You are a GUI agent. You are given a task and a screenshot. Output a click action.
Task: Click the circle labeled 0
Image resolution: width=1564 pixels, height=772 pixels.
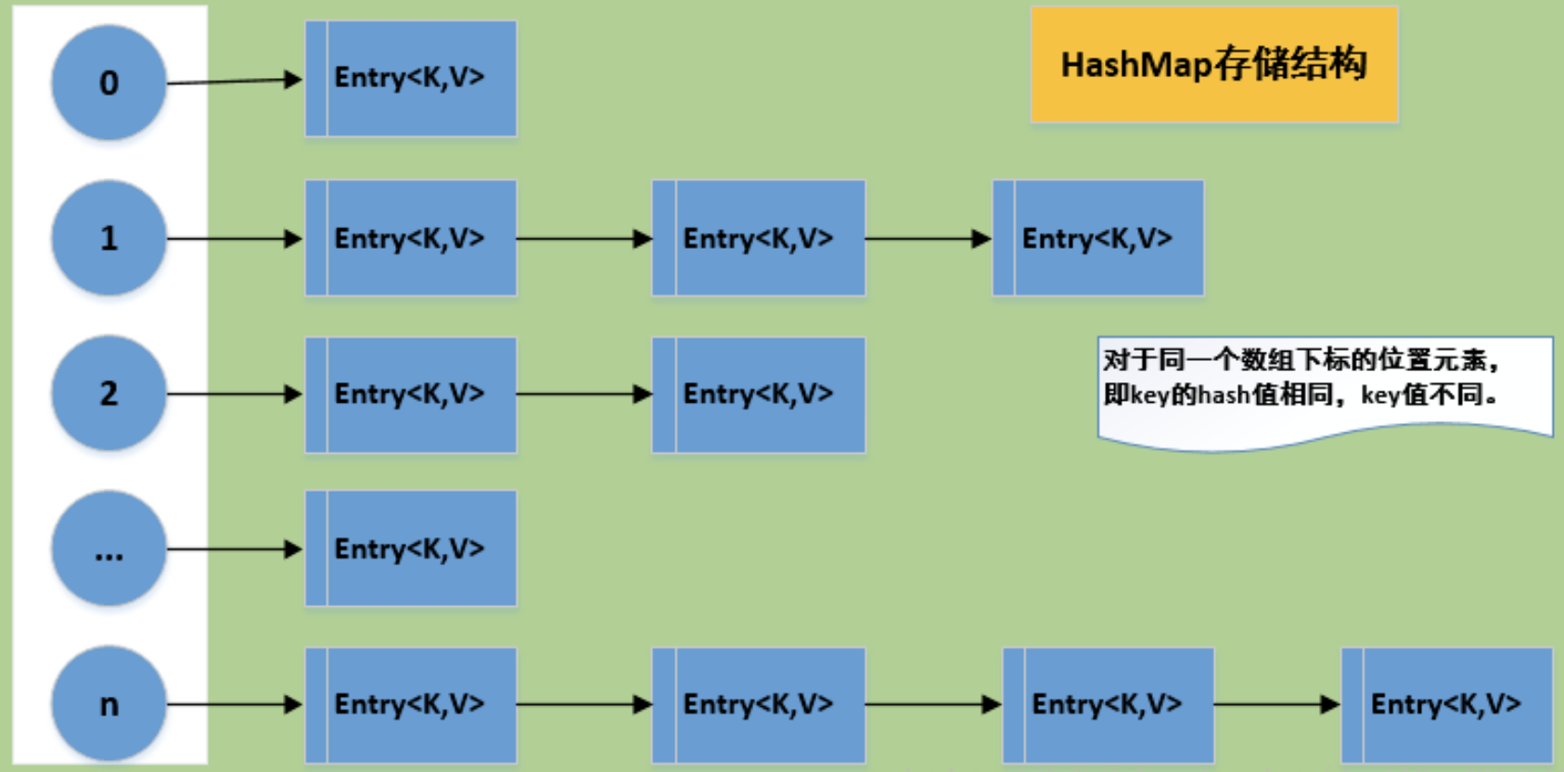[x=109, y=83]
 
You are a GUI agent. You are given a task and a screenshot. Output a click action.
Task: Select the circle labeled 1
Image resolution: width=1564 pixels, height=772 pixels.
[x=109, y=238]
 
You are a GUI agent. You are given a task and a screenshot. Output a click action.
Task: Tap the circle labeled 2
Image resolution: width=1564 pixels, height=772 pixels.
[x=109, y=393]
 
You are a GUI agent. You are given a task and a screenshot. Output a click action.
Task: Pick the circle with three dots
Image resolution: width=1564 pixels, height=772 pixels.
[x=109, y=549]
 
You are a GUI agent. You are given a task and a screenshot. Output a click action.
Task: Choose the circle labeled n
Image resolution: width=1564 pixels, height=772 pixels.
[x=109, y=704]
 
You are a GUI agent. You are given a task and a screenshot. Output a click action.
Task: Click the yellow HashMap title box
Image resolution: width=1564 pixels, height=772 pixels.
[x=1213, y=65]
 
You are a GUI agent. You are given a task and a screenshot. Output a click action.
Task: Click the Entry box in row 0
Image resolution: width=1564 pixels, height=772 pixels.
[x=411, y=79]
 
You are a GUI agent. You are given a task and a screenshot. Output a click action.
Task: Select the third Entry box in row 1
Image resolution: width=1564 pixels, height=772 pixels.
[x=1098, y=238]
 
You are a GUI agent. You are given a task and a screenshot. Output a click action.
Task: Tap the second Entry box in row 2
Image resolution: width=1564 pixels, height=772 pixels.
[x=759, y=394]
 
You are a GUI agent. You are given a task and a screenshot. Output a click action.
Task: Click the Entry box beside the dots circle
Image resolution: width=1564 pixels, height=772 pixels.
[x=411, y=548]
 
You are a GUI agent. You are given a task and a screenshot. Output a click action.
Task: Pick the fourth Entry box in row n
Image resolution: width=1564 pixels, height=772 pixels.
[x=1447, y=704]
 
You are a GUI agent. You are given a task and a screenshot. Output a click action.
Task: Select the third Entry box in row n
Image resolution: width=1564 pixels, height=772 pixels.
[x=1108, y=704]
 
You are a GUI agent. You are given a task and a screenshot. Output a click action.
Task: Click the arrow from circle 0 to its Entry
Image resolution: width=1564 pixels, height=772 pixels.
[x=234, y=81]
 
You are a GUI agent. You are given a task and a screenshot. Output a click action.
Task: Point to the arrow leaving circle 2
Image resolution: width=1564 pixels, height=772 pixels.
[x=234, y=394]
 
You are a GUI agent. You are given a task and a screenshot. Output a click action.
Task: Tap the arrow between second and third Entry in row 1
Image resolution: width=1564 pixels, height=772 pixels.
[x=928, y=238]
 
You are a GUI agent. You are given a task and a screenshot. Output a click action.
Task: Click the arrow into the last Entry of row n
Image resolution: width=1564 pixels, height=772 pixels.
[x=1276, y=704]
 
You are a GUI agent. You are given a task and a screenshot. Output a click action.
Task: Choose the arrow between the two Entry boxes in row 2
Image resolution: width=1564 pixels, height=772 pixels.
[x=583, y=394]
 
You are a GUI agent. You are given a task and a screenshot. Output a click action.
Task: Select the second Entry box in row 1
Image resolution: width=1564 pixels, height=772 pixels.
[x=759, y=238]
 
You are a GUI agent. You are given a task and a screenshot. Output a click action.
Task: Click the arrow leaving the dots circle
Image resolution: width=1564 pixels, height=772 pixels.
[x=234, y=549]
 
